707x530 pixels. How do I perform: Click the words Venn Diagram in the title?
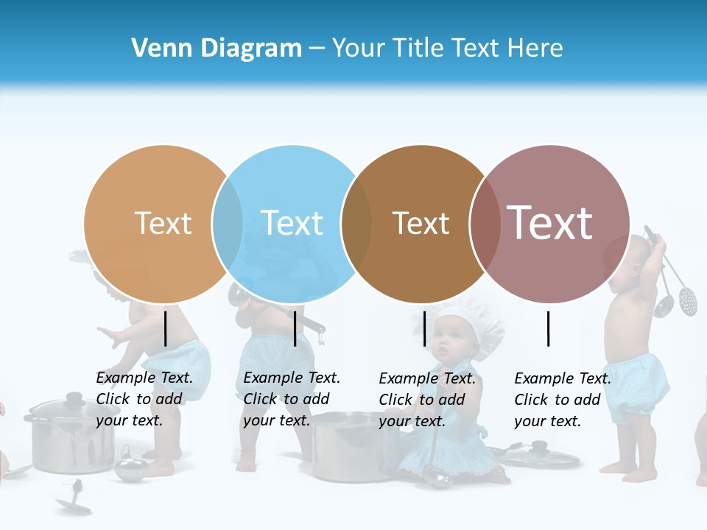[x=217, y=49]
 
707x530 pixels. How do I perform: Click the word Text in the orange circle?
[x=163, y=223]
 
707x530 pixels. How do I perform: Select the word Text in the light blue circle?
[x=292, y=223]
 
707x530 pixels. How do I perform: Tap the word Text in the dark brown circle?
[x=421, y=223]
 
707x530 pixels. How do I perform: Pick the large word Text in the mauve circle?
[x=549, y=223]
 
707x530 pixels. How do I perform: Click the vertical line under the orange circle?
[x=165, y=328]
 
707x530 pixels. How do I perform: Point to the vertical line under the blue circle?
[x=295, y=328]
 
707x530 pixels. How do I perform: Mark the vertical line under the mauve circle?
[x=548, y=328]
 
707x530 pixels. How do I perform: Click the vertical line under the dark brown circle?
[x=424, y=328]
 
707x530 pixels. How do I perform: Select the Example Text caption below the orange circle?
[x=144, y=399]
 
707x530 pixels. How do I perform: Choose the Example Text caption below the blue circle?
[x=292, y=399]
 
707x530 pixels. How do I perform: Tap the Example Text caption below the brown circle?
[x=427, y=400]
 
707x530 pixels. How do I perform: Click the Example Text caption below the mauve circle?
[x=563, y=400]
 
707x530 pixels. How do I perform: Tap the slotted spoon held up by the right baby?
[x=687, y=298]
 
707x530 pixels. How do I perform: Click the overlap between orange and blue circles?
[x=228, y=223]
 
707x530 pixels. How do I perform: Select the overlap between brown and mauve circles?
[x=484, y=223]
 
